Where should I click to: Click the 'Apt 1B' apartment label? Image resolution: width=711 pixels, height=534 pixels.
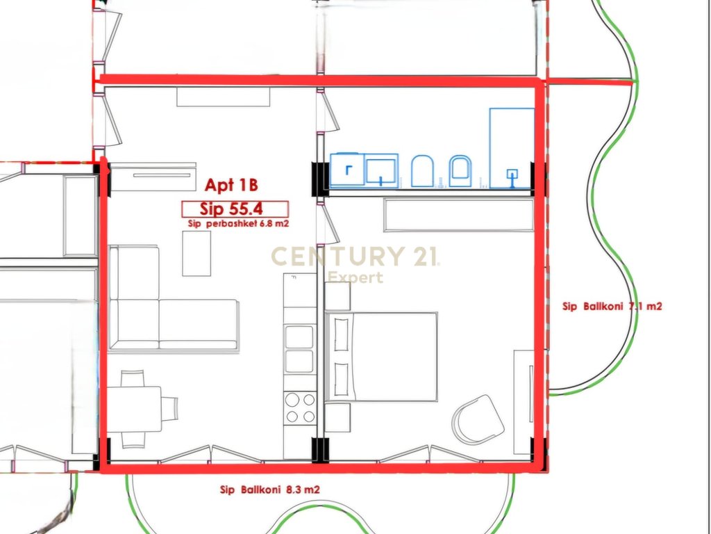point(231,185)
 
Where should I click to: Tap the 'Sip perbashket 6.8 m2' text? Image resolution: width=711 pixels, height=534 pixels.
point(238,223)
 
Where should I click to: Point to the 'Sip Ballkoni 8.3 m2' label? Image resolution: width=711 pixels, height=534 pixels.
point(270,489)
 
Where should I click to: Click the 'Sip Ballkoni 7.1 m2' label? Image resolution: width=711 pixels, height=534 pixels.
point(612,306)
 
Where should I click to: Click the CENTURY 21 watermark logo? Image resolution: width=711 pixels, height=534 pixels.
point(355,263)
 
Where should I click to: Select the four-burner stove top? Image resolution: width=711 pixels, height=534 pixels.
point(300,407)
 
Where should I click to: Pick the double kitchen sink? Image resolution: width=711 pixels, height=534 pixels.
point(299,349)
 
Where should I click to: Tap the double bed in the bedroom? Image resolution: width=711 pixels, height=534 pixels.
point(381,357)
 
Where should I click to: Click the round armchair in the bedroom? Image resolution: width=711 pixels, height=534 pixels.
point(478,419)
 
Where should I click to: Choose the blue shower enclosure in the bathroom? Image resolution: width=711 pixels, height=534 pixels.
point(512,148)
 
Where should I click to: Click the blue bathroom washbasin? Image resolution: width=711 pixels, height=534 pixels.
point(381,170)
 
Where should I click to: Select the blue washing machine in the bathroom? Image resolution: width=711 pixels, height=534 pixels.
point(347,170)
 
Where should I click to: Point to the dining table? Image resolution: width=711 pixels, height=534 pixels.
point(135,409)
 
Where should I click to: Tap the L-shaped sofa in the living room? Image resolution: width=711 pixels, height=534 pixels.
point(174,299)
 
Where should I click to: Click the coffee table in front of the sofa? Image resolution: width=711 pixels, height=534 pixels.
point(196,253)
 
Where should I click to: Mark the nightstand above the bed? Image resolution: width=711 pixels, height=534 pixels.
point(337,296)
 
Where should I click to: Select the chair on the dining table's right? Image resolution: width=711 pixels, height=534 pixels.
point(169,409)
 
